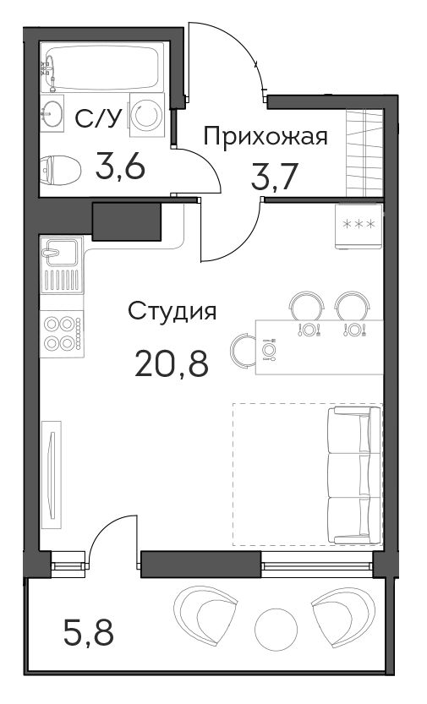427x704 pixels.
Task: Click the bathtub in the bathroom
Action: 102,68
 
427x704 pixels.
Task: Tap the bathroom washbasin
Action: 52,112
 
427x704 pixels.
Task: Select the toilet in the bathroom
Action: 60,170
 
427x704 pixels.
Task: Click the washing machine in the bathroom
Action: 147,115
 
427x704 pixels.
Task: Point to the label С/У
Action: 98,119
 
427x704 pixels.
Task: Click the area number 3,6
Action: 120,167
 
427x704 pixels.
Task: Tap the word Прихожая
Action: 266,137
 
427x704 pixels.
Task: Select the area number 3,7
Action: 274,176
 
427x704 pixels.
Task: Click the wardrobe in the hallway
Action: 364,153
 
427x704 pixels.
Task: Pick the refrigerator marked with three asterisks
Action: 359,226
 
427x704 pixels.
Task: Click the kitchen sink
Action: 62,265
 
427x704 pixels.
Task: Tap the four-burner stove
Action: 62,334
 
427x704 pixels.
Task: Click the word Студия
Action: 172,311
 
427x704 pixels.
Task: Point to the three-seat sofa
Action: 354,475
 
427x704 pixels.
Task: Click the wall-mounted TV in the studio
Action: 52,475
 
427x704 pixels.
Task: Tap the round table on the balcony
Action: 276,630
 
